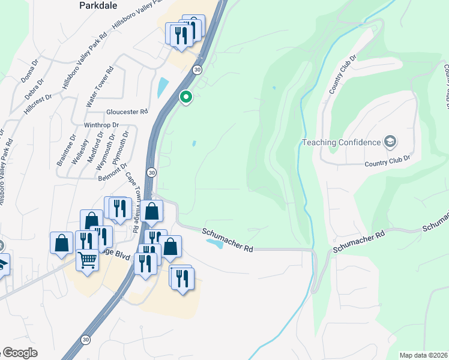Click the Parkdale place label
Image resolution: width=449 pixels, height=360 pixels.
(x=99, y=5)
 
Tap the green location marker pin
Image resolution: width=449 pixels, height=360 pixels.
(x=186, y=97)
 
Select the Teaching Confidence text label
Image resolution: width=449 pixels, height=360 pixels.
(x=342, y=142)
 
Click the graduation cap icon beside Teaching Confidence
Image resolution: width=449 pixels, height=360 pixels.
(x=391, y=142)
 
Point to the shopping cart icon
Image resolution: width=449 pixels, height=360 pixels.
(x=88, y=260)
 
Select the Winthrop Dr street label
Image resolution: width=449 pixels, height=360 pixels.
(x=102, y=125)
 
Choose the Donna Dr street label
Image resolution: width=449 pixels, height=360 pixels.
(x=29, y=71)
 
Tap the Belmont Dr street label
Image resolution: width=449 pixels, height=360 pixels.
(x=113, y=170)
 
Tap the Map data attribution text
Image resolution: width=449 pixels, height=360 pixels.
(x=424, y=355)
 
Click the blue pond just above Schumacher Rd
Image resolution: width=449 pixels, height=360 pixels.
(x=214, y=243)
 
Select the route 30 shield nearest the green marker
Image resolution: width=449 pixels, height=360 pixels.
(x=197, y=70)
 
